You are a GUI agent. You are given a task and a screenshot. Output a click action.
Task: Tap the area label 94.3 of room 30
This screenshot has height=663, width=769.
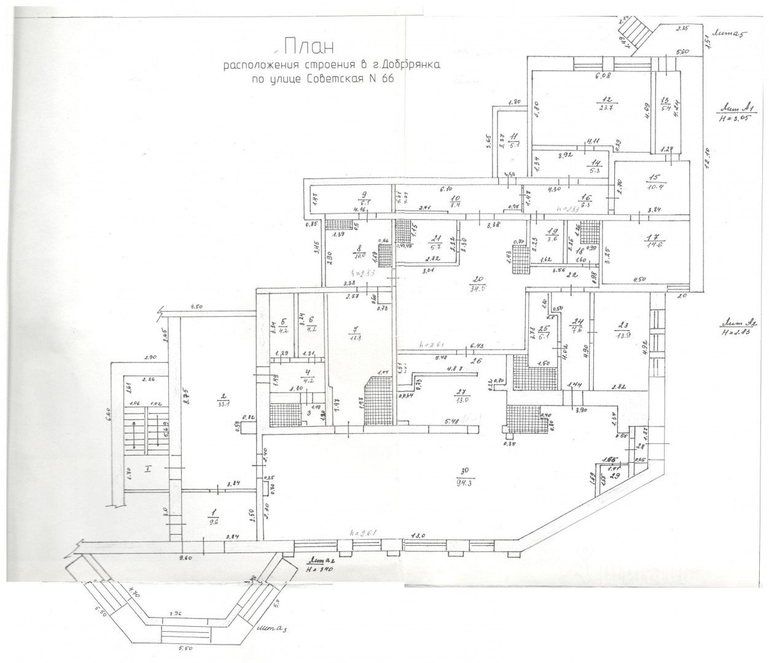[464, 481]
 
